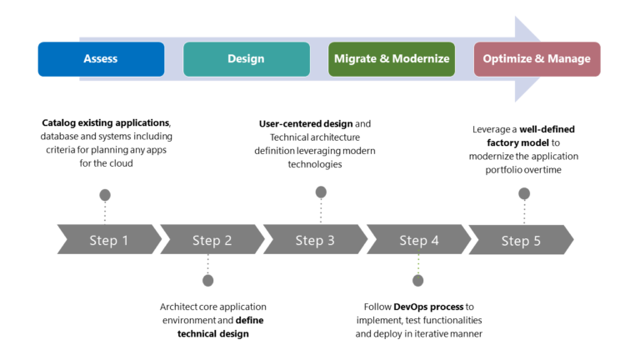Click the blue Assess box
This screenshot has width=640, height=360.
(101, 59)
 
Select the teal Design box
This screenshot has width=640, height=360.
(246, 59)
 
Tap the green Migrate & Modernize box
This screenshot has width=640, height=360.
(392, 59)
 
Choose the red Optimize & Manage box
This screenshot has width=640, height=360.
(537, 59)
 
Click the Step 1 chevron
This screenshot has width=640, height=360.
(109, 240)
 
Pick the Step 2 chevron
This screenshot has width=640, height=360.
(212, 240)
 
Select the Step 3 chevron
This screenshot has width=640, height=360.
(316, 240)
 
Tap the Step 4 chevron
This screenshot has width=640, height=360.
(419, 240)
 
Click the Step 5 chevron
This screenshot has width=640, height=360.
(522, 240)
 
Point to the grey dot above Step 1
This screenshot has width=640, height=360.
(105, 195)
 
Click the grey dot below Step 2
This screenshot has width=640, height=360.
(208, 280)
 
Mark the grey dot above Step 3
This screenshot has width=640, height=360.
(321, 192)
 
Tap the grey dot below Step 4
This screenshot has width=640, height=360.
(418, 280)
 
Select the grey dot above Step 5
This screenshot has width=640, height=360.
(524, 193)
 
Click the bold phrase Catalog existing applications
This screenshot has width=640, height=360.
(106, 123)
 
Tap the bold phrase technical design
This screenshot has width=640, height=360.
(212, 333)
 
